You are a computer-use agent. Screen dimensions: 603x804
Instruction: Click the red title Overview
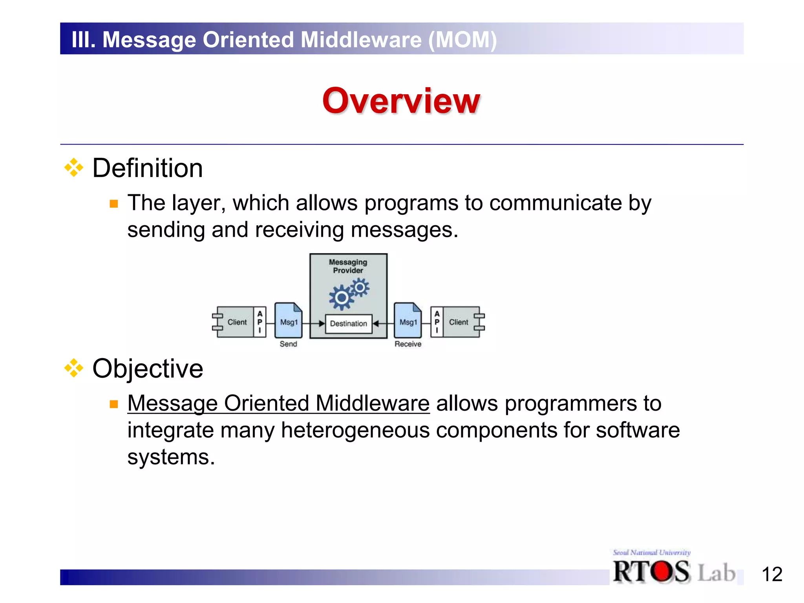click(401, 101)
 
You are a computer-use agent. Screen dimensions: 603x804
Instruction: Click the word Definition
click(147, 168)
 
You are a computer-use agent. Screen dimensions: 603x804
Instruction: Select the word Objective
click(148, 369)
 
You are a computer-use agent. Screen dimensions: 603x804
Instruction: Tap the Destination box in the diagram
click(348, 323)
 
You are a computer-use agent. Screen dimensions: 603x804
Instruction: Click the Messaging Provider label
click(348, 266)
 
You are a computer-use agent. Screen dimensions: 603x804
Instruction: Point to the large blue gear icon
click(341, 298)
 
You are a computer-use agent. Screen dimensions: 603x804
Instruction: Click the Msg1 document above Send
click(289, 320)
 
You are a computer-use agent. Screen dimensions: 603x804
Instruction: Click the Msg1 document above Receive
click(408, 320)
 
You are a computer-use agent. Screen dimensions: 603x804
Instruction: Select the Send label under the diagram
click(288, 344)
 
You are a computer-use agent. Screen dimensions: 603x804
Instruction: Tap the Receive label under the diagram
click(408, 344)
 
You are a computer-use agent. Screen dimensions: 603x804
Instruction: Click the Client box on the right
click(459, 322)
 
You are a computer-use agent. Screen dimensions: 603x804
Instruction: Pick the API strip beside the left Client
click(259, 322)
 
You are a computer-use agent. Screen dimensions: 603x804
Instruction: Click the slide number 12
click(772, 574)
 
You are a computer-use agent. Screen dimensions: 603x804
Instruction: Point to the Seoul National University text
click(652, 552)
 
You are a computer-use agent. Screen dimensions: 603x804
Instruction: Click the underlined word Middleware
click(373, 404)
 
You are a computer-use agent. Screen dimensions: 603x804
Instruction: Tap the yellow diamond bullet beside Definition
click(74, 168)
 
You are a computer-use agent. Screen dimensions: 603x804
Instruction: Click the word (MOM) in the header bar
click(462, 40)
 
